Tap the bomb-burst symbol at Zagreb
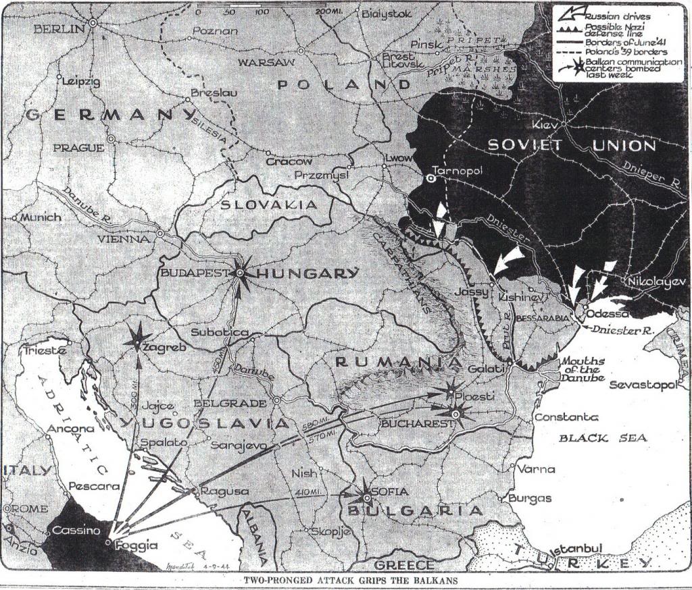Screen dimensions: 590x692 (139, 338)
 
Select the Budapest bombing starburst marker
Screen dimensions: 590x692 (241, 273)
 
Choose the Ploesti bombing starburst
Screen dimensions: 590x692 (451, 390)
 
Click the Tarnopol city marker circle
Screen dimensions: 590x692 (430, 178)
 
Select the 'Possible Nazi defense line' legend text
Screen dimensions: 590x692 (615, 30)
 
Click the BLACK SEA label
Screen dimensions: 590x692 (602, 438)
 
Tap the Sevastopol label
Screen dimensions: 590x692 (642, 385)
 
